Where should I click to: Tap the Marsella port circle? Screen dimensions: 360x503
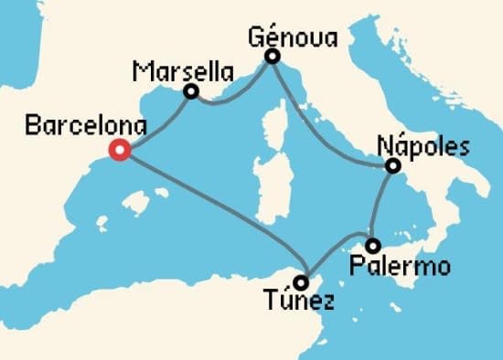click(x=191, y=91)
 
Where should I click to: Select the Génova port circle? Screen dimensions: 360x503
click(x=272, y=57)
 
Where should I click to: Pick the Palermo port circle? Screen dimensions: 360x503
click(x=373, y=246)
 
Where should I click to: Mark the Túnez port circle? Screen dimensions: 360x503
click(x=302, y=281)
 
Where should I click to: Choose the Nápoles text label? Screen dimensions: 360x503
click(x=423, y=146)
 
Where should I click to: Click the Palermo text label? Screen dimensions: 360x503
click(x=401, y=268)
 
